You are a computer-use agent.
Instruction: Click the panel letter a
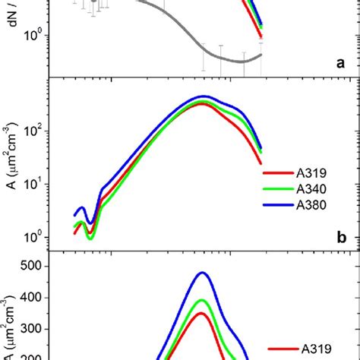coord(342,64)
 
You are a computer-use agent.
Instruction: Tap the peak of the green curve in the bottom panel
coord(202,300)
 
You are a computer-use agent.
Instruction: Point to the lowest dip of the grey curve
coord(242,61)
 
